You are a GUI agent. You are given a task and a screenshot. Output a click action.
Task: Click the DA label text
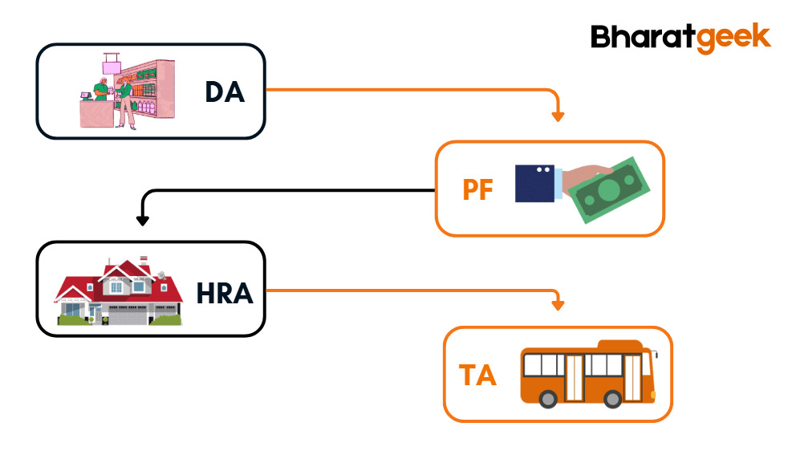pos(225,92)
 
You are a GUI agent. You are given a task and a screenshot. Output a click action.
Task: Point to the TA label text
pos(477,375)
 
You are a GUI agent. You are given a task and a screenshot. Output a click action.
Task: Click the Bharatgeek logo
pos(680,37)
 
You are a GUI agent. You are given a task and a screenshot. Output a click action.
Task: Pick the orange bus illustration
pos(588,374)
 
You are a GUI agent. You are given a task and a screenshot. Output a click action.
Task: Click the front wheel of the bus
pos(613,398)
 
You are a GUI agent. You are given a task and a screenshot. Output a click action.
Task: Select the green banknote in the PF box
pos(611,191)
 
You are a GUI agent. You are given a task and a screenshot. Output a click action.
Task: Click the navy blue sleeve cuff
pos(535,183)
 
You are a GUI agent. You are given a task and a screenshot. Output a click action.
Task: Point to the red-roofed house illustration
pos(119,292)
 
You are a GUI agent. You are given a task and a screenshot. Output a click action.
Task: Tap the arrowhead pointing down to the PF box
pos(559,116)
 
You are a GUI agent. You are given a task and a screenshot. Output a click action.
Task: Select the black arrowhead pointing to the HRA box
pos(143,219)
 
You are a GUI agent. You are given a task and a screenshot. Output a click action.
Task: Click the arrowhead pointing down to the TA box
pos(559,305)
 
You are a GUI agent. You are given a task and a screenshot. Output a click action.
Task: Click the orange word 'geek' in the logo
pos(732,38)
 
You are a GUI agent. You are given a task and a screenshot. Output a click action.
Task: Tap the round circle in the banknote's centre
pos(609,191)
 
